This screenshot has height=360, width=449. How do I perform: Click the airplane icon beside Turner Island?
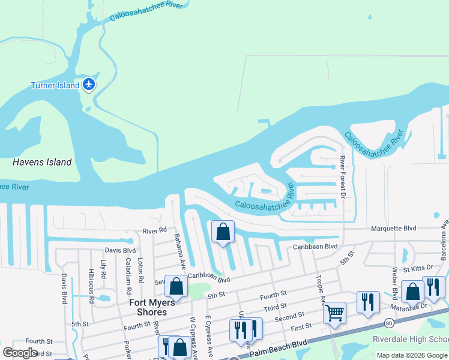tap(89, 84)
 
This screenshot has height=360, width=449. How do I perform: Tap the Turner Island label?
tap(55, 85)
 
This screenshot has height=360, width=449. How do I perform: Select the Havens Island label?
tap(42, 162)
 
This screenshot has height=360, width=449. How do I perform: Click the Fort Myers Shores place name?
tap(152, 307)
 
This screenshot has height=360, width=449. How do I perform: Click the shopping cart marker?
tap(334, 311)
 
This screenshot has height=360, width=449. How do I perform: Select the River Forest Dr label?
tap(343, 177)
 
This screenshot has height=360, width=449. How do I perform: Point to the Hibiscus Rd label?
tap(91, 285)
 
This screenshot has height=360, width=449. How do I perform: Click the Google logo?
tap(20, 353)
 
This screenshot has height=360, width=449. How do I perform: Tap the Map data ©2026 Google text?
tap(412, 355)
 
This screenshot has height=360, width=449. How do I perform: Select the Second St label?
tap(290, 317)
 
